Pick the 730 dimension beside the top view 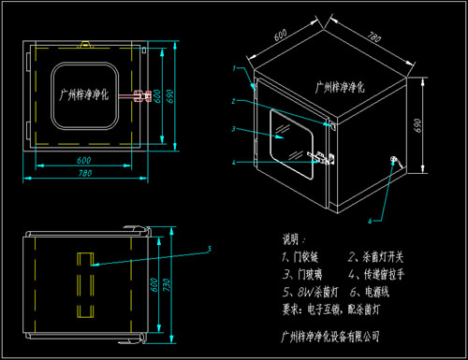click(166, 284)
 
